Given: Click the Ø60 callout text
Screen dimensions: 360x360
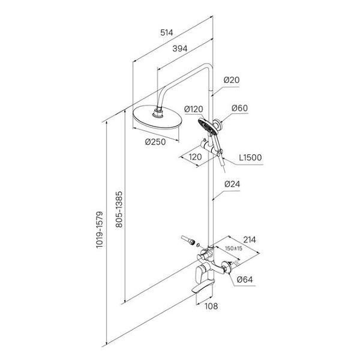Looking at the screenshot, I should (240, 109).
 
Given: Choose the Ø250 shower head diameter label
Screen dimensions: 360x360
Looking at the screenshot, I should (156, 142).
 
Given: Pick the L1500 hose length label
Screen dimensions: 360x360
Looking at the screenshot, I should (250, 158).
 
